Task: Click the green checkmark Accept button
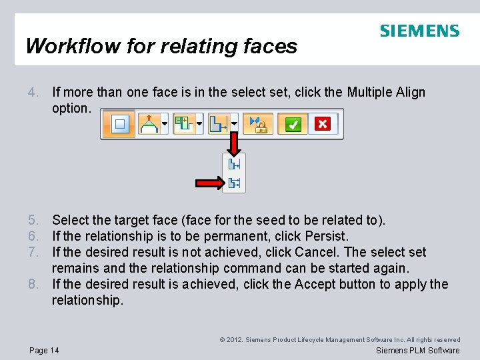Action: pos(293,124)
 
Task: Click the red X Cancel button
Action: pos(323,124)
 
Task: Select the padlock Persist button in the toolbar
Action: pos(257,124)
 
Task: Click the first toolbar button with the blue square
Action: pos(120,124)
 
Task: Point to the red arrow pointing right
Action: pos(209,183)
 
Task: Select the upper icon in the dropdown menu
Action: pos(234,164)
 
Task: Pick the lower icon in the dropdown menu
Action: pos(234,183)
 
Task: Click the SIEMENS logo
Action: pos(419,31)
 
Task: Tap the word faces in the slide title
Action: pos(271,46)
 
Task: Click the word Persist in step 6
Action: pos(327,236)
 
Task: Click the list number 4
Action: pos(33,92)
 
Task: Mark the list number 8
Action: pos(33,284)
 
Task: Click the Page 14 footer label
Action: pos(45,351)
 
